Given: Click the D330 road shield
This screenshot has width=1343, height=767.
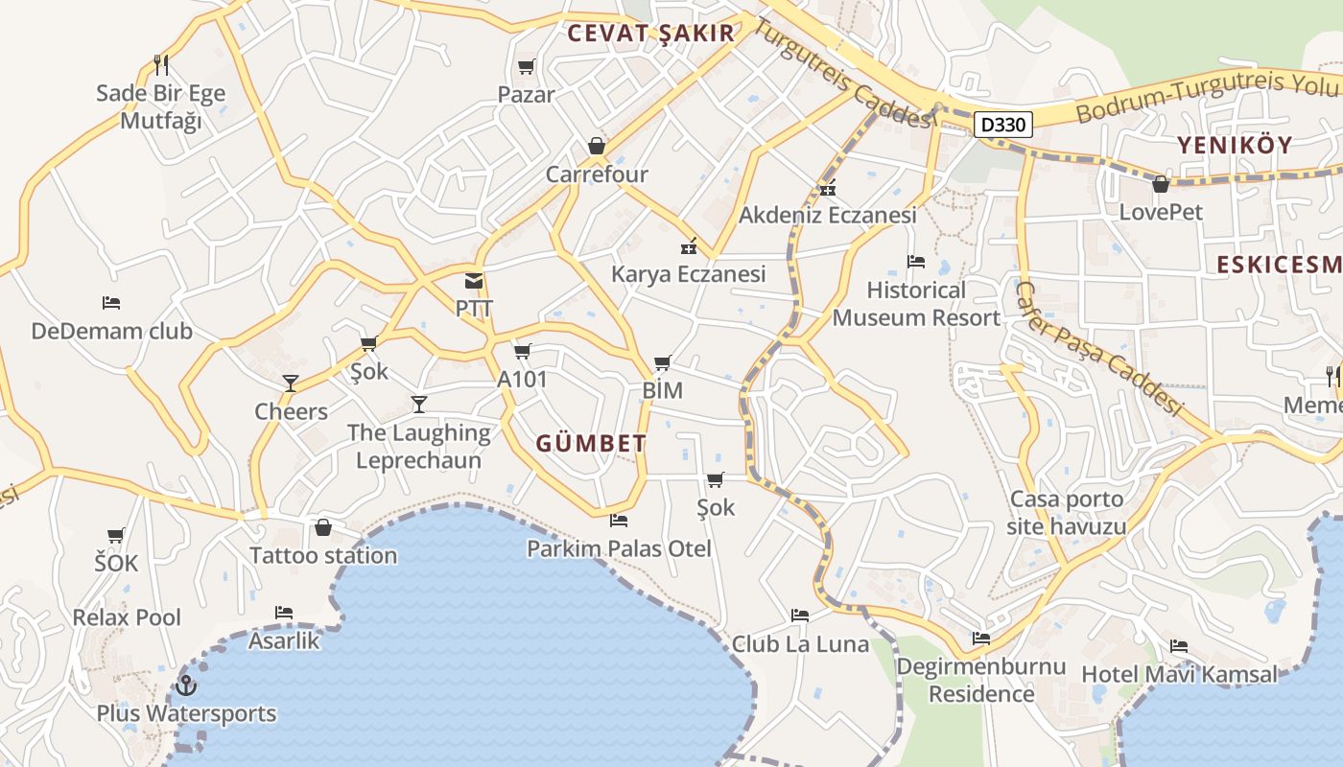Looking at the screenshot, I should pos(1004,124).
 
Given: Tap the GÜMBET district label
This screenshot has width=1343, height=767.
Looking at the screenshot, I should pos(591,444).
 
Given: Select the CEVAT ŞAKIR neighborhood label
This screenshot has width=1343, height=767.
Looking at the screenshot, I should pos(650,34).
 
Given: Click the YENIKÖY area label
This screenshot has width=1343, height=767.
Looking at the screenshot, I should pos(1235,146).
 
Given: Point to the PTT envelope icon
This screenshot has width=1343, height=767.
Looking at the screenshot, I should pos(474,281).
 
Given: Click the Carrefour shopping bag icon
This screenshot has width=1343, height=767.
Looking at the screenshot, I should pos(597,147).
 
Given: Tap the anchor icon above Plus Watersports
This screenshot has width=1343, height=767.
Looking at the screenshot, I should pos(186,686).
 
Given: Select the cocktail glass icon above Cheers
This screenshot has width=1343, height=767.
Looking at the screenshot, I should pos(291,383).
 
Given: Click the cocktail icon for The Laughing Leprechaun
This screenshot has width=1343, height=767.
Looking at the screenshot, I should pos(419,404).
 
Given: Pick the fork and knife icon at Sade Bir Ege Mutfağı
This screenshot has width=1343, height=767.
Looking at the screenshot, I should pos(161,65).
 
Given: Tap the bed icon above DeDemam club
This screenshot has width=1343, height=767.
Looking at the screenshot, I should pos(111,303).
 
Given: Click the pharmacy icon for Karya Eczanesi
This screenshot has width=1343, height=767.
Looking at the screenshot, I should pos(688,246).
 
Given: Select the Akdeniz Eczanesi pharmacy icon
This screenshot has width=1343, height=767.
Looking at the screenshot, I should pos(828,187).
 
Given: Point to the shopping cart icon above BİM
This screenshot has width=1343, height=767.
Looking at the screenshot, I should pos(662,362).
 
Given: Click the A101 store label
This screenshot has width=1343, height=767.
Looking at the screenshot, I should pos(522,380).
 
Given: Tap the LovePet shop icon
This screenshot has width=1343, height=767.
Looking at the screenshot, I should pos(1161,184).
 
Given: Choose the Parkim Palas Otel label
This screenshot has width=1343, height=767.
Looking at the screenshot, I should pos(619,548).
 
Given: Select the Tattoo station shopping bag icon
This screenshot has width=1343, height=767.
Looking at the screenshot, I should pos(323,527).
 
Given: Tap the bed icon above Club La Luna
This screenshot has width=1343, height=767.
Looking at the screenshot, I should pos(800,616).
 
